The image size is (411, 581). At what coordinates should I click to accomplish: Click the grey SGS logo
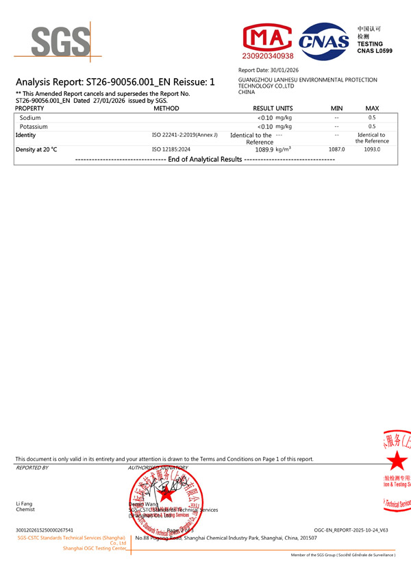coord(60,41)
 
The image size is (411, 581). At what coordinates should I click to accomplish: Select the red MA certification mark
coord(268,38)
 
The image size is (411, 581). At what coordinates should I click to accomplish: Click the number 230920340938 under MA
coord(268,55)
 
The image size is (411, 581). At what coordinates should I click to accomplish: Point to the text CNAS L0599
coord(375,51)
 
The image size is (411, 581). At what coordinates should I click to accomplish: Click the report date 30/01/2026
coord(284,71)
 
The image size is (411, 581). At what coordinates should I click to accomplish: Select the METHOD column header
coord(166,108)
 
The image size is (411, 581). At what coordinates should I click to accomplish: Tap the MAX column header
coord(372,108)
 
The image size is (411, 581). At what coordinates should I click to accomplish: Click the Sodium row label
coord(30,118)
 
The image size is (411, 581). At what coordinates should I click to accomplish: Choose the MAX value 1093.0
coord(372,149)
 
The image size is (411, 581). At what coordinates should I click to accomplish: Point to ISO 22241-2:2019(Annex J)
coord(184,135)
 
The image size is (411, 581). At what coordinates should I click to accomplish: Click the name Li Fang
coord(24,504)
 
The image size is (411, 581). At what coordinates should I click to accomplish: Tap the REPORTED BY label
coord(32,467)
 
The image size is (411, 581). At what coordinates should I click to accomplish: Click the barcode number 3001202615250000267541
coord(45,530)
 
